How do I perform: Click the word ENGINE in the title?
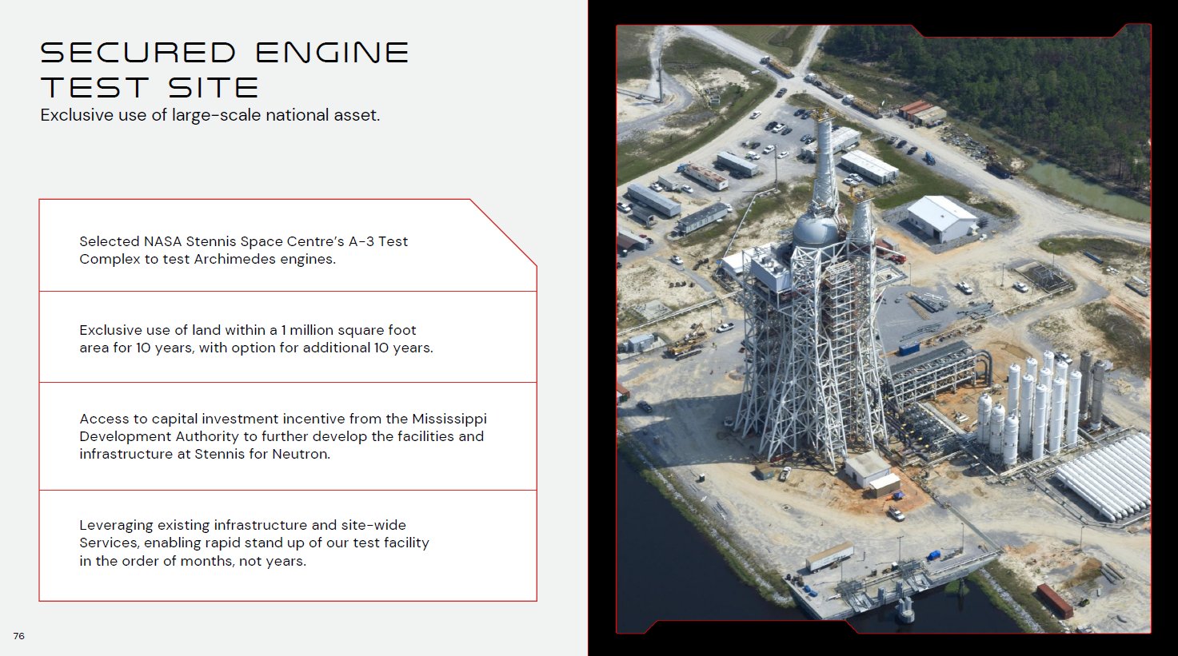(333, 53)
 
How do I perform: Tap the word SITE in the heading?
(214, 87)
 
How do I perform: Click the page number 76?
(19, 636)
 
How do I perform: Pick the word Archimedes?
(234, 259)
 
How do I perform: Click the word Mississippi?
(449, 419)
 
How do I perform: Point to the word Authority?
(207, 437)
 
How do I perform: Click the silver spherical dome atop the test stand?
(816, 229)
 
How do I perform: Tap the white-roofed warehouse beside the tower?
(943, 218)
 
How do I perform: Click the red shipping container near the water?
(1055, 601)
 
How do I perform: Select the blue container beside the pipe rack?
(908, 348)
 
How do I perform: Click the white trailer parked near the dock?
(829, 557)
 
